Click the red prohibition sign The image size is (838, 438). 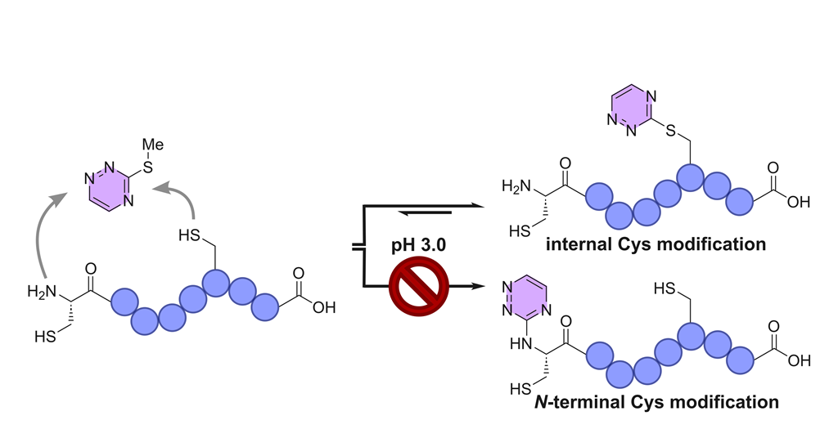point(418,286)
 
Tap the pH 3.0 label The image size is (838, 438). point(418,245)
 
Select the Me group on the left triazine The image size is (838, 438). point(152,145)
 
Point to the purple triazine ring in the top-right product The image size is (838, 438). point(633,109)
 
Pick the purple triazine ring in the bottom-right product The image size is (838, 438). point(525,300)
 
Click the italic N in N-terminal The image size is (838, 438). point(541,402)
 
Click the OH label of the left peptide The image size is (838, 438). point(324,308)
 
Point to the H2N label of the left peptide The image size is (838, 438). point(41,291)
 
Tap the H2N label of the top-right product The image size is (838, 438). point(516,186)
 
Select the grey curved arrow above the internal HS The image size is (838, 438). point(180,198)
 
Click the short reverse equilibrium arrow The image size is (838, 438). point(426,213)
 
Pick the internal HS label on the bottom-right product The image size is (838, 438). point(665,289)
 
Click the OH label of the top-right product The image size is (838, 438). point(799,202)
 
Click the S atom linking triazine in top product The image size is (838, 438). point(671,131)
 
